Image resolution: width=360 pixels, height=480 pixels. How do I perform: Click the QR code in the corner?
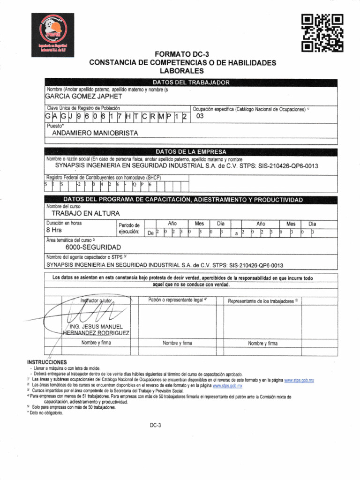click(x=322, y=32)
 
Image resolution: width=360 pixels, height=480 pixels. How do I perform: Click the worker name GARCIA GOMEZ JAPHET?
click(x=83, y=97)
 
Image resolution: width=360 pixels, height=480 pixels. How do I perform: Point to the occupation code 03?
click(x=200, y=116)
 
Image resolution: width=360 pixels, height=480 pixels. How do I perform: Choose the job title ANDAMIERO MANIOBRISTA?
click(x=95, y=133)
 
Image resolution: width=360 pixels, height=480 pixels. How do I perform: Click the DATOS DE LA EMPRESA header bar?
click(x=191, y=152)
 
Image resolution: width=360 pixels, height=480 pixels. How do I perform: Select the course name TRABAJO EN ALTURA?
click(x=82, y=214)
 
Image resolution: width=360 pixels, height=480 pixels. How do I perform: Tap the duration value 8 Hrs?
click(x=54, y=231)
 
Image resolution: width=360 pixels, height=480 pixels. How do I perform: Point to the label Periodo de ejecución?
click(x=129, y=228)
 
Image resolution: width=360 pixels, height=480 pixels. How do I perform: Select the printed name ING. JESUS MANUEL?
click(x=96, y=326)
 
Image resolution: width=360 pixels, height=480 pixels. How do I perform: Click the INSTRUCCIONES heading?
click(x=48, y=362)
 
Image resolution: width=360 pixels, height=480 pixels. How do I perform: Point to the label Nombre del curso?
click(x=63, y=206)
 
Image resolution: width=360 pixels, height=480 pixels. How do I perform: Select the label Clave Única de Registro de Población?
click(x=83, y=108)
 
